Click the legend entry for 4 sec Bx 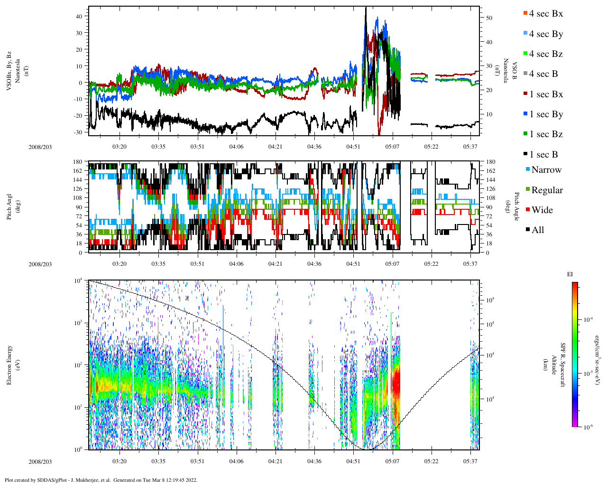tap(545, 14)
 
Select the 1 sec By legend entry tap(545, 114)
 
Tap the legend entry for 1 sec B tap(543, 155)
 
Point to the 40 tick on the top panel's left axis tap(79, 16)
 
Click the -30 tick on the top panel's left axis tap(78, 132)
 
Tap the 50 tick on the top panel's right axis tap(489, 18)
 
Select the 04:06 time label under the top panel tap(236, 147)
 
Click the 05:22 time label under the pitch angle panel tap(431, 264)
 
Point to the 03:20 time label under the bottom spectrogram tap(120, 461)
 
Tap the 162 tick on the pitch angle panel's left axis tap(78, 170)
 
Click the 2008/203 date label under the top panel tap(40, 147)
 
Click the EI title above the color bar tap(570, 274)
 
